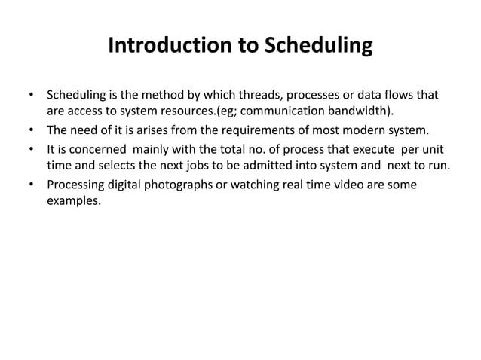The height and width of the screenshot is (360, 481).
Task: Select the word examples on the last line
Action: coord(73,200)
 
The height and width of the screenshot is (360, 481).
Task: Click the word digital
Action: coord(125,183)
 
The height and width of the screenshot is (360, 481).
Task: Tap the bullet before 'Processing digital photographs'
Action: coord(31,183)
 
